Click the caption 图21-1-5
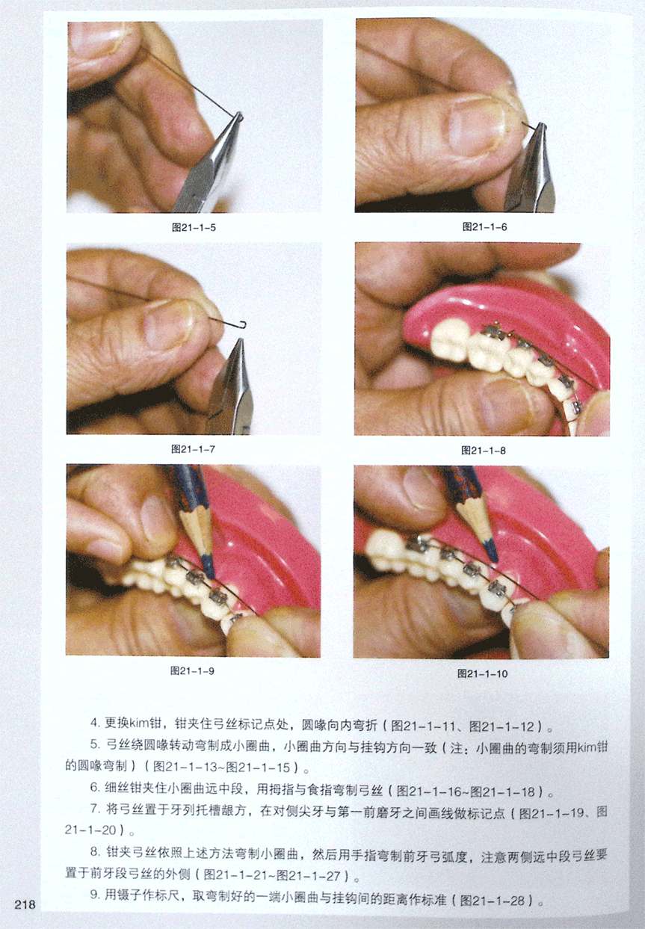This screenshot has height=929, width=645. (194, 228)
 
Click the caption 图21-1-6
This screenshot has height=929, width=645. (484, 227)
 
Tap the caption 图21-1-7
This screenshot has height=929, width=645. (194, 449)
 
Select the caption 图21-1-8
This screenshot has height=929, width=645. (484, 451)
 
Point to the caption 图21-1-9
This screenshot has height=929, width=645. (193, 671)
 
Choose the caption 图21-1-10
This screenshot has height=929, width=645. (482, 673)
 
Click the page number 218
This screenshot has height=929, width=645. (25, 904)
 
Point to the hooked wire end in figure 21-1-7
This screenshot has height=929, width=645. (243, 324)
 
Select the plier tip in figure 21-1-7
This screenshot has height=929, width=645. (239, 340)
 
